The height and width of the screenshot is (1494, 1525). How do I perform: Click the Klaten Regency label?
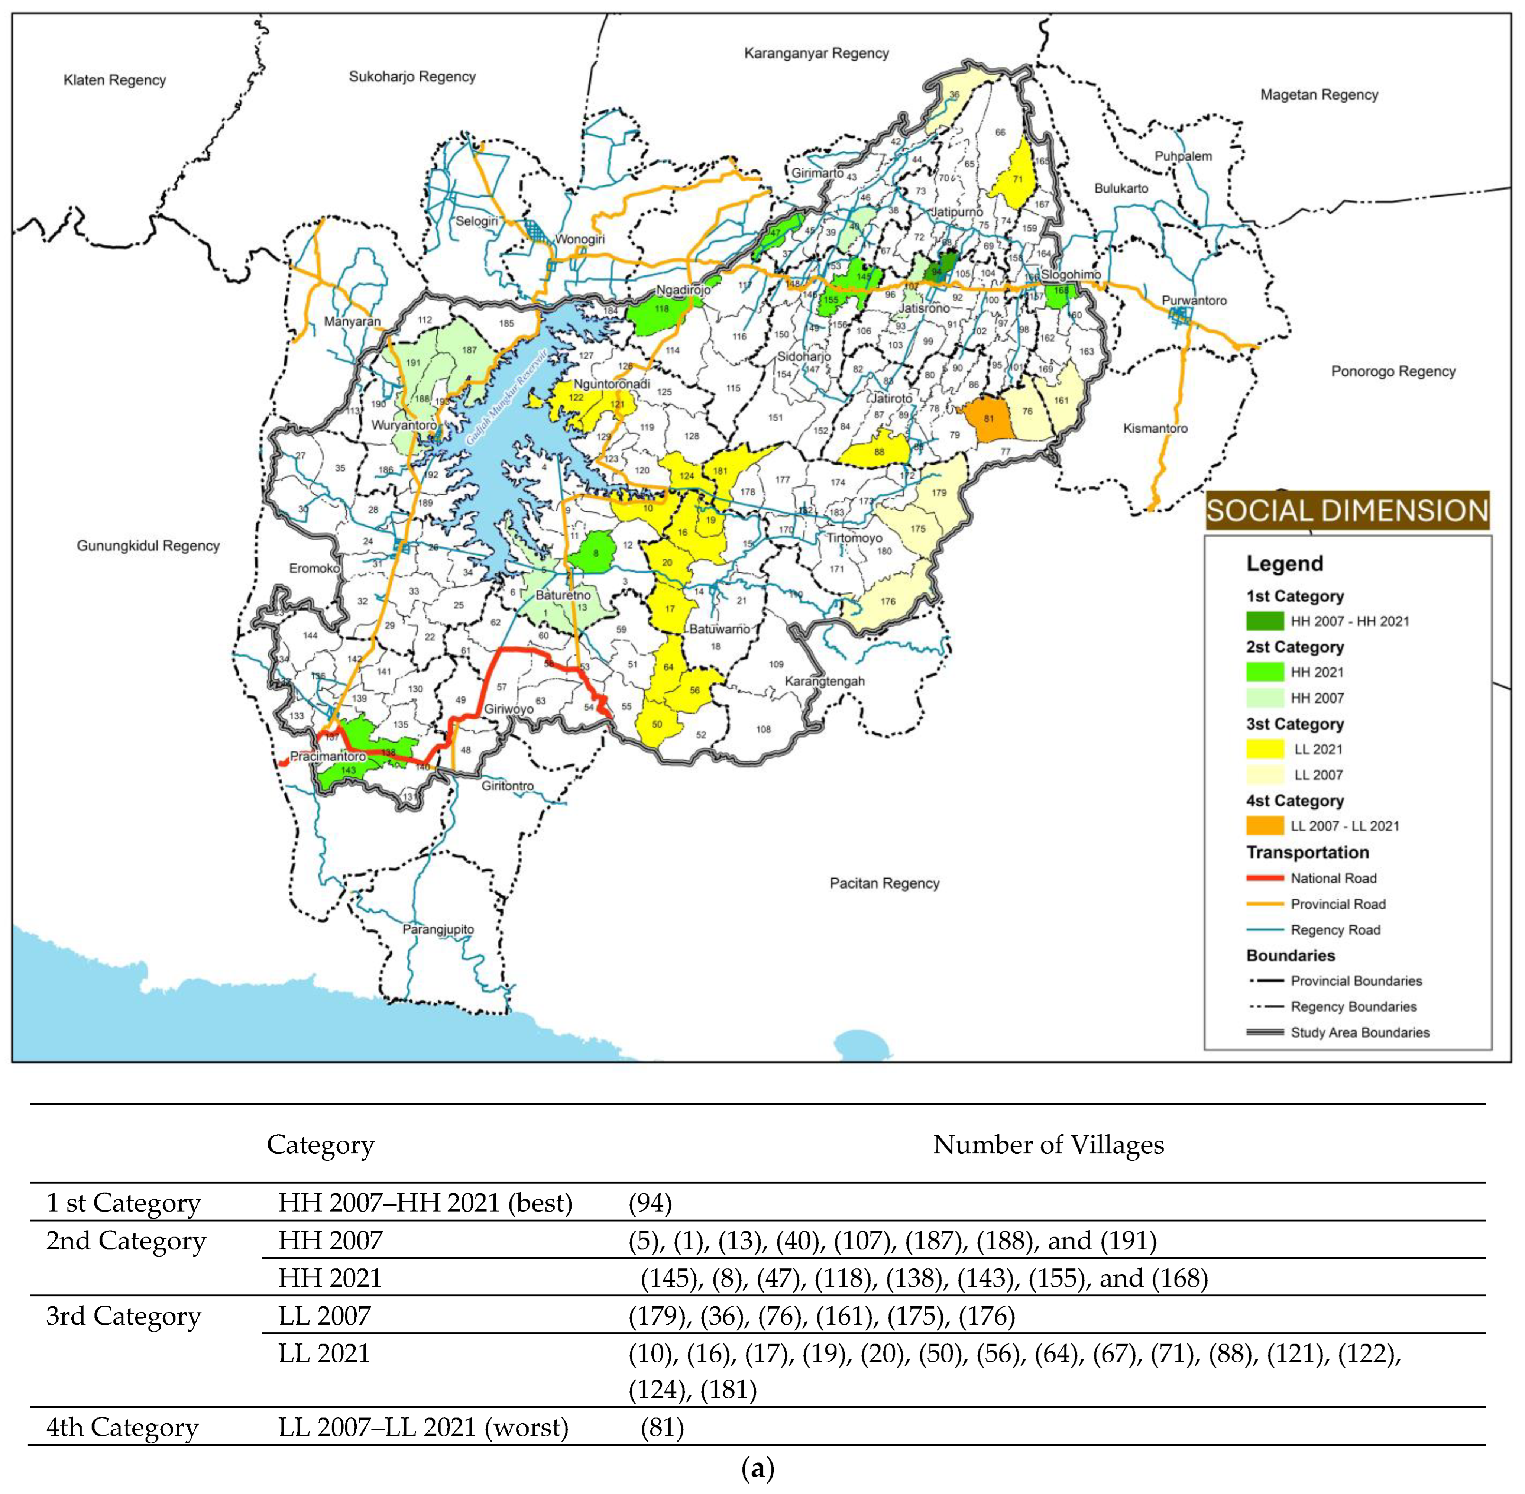(x=114, y=80)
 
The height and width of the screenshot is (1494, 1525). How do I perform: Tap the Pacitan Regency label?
(x=884, y=883)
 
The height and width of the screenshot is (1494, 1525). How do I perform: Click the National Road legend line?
(x=1265, y=878)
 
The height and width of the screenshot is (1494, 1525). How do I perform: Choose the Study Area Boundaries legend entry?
(x=1360, y=1033)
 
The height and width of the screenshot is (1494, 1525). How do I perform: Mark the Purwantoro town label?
(x=1194, y=301)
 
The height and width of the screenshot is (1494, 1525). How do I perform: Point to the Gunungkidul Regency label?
(x=148, y=546)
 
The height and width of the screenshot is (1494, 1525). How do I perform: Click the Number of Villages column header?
(x=1048, y=1145)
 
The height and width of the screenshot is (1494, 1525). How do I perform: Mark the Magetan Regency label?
(x=1319, y=95)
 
